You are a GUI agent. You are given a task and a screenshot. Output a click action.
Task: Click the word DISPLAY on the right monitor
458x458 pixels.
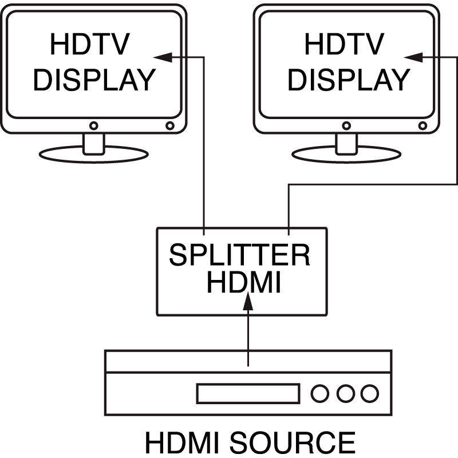click(348, 80)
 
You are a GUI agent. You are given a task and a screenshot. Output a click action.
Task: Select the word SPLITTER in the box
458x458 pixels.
click(239, 255)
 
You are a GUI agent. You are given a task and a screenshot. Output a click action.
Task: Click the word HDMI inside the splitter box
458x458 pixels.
click(243, 283)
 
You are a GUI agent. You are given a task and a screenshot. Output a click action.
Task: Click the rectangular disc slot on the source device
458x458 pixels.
click(248, 393)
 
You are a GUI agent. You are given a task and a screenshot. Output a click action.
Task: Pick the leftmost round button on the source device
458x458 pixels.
click(320, 393)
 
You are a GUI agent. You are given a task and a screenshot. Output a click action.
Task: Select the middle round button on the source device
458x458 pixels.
click(345, 393)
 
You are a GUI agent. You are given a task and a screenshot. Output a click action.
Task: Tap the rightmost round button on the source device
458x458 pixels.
click(370, 393)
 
